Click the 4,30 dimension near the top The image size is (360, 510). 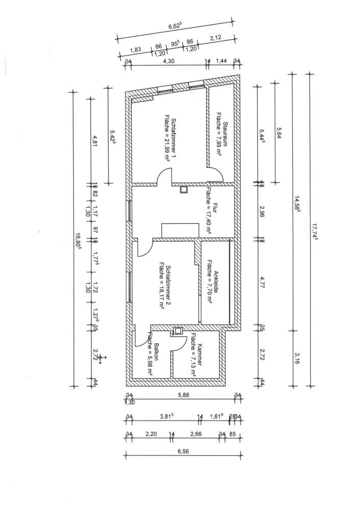pyautogui.click(x=166, y=61)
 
